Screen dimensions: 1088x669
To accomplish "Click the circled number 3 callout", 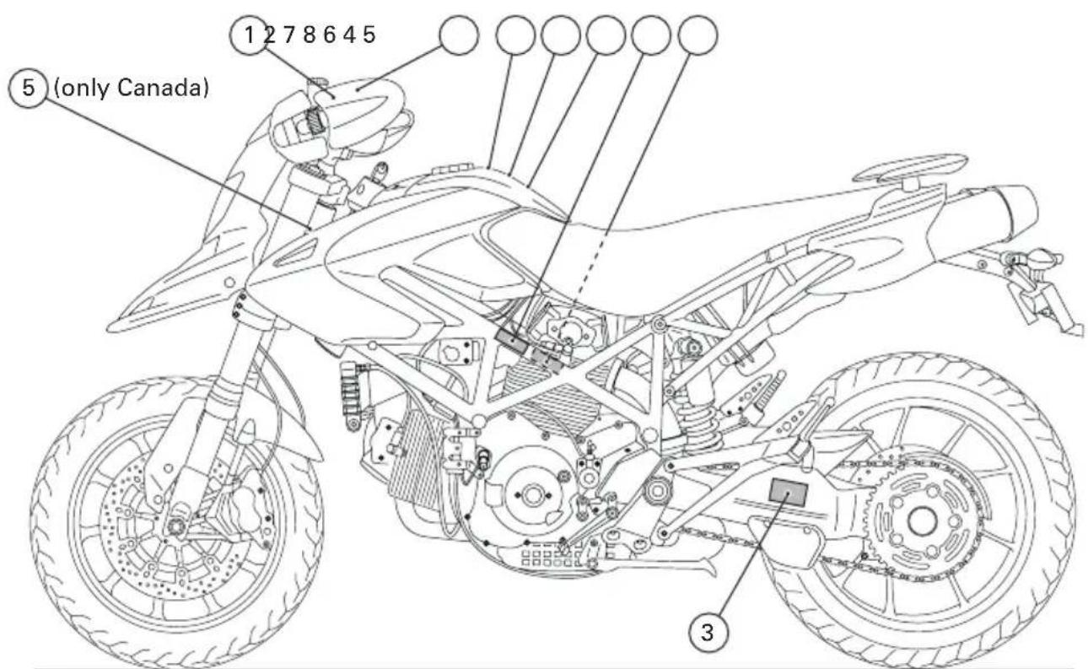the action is (708, 632).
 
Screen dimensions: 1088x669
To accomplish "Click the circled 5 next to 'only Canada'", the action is (29, 88).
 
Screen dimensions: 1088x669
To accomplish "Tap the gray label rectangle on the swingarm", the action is (789, 492).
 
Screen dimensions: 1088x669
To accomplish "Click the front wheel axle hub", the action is (175, 526).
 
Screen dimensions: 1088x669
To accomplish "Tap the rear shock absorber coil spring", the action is (702, 420).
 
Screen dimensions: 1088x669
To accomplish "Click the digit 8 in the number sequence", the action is (309, 35).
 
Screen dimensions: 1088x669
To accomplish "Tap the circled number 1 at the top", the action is (249, 35).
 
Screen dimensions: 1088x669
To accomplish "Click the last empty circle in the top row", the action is (698, 35).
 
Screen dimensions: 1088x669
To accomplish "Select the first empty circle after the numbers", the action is (459, 35).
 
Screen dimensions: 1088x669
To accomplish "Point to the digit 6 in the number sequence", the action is (329, 35).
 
